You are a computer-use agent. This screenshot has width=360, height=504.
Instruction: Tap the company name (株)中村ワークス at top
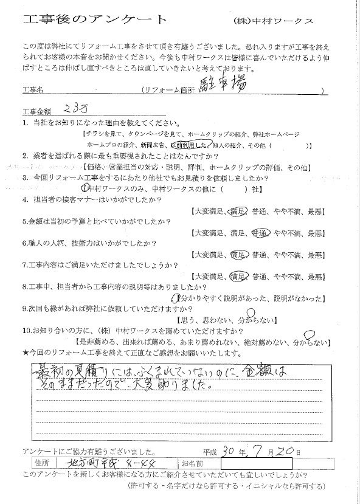point(273,21)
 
